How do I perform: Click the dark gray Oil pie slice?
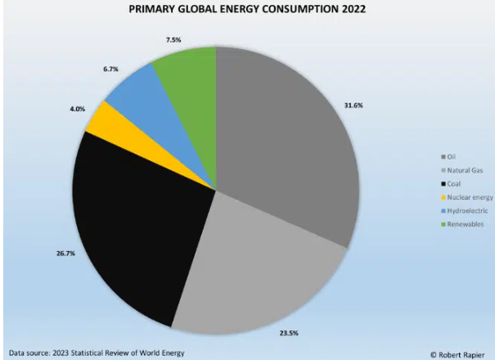286,147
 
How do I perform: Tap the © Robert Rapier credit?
458,353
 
